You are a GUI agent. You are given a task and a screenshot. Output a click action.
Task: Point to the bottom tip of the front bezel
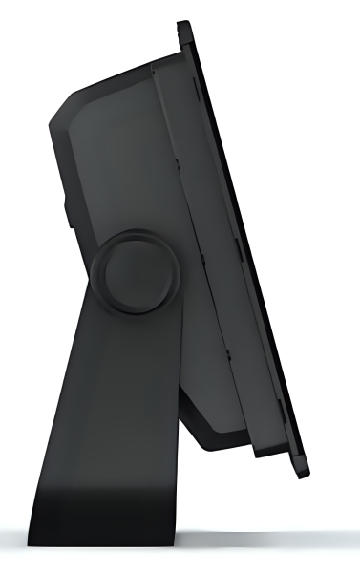click(304, 475)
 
